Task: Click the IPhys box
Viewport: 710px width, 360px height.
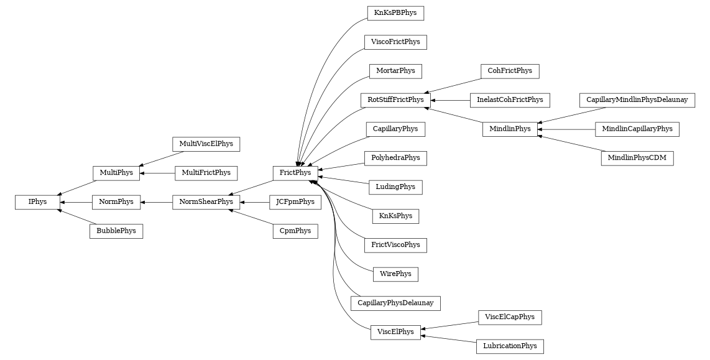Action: [x=37, y=202]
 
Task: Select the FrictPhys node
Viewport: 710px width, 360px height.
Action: [x=295, y=173]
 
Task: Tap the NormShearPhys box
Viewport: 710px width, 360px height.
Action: [x=206, y=202]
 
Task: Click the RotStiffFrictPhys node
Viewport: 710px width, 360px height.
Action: [x=395, y=99]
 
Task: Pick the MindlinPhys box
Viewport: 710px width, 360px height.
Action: [x=510, y=129]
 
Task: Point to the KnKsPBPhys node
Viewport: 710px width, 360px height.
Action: [x=395, y=13]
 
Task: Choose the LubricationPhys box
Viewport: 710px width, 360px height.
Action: [x=510, y=346]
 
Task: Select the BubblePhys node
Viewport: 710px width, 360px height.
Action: [x=116, y=231]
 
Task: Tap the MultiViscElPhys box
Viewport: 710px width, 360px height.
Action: [x=206, y=144]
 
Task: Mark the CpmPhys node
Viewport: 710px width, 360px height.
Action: [x=295, y=231]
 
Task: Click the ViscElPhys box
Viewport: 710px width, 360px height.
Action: [x=395, y=332]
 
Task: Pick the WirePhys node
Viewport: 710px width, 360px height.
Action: [x=395, y=274]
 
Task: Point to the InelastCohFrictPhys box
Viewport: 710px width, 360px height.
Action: [x=510, y=99]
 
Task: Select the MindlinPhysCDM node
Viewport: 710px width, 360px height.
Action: [x=637, y=158]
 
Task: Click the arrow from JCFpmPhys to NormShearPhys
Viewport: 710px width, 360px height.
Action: [x=254, y=202]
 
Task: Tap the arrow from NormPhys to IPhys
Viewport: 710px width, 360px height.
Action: [x=76, y=202]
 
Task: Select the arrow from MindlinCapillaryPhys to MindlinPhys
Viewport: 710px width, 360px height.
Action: [x=566, y=129]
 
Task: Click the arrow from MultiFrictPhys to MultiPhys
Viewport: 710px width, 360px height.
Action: [x=157, y=173]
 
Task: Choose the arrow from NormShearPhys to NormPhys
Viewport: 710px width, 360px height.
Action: [x=156, y=202]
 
